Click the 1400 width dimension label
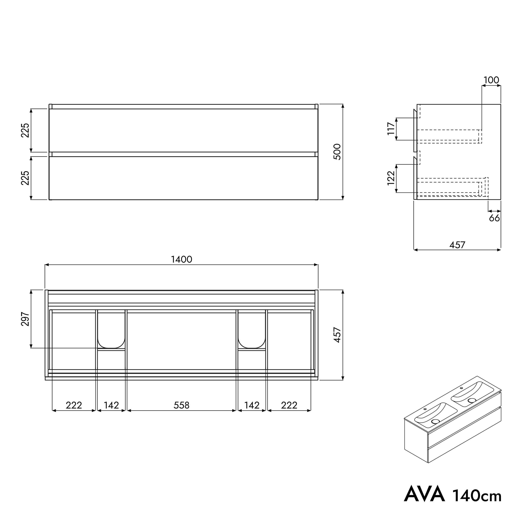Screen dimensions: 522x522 click(182, 259)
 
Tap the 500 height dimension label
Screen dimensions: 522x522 click(337, 152)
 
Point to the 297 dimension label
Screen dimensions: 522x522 click(25, 319)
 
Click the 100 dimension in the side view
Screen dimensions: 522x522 click(491, 80)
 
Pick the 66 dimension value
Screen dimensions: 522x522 click(494, 218)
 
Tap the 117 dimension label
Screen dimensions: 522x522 click(391, 129)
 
